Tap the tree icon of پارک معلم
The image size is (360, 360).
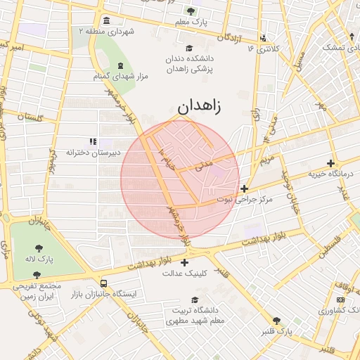click(x=191, y=11)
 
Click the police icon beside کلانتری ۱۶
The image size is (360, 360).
click(x=263, y=38)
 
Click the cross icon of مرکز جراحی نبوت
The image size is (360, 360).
click(x=244, y=188)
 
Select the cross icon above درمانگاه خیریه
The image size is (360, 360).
click(x=330, y=164)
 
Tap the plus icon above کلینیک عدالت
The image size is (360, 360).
click(x=184, y=263)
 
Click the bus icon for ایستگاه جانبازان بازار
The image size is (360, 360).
click(x=104, y=283)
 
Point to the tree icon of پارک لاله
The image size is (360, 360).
click(x=37, y=247)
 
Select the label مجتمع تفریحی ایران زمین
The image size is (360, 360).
click(x=37, y=292)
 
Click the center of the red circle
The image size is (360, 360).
click(x=180, y=180)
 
